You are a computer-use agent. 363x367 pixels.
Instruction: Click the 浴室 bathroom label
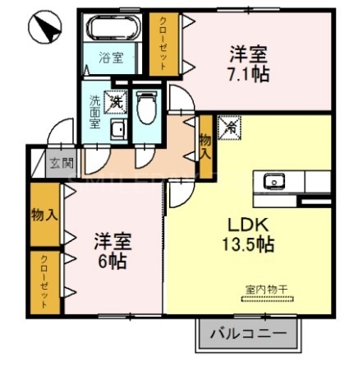(112, 58)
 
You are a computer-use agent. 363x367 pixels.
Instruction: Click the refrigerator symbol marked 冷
(230, 128)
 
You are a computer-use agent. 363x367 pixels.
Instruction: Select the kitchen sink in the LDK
(272, 180)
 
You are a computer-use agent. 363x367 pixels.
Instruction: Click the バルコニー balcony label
(241, 335)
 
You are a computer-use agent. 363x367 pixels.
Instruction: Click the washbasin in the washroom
(117, 130)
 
